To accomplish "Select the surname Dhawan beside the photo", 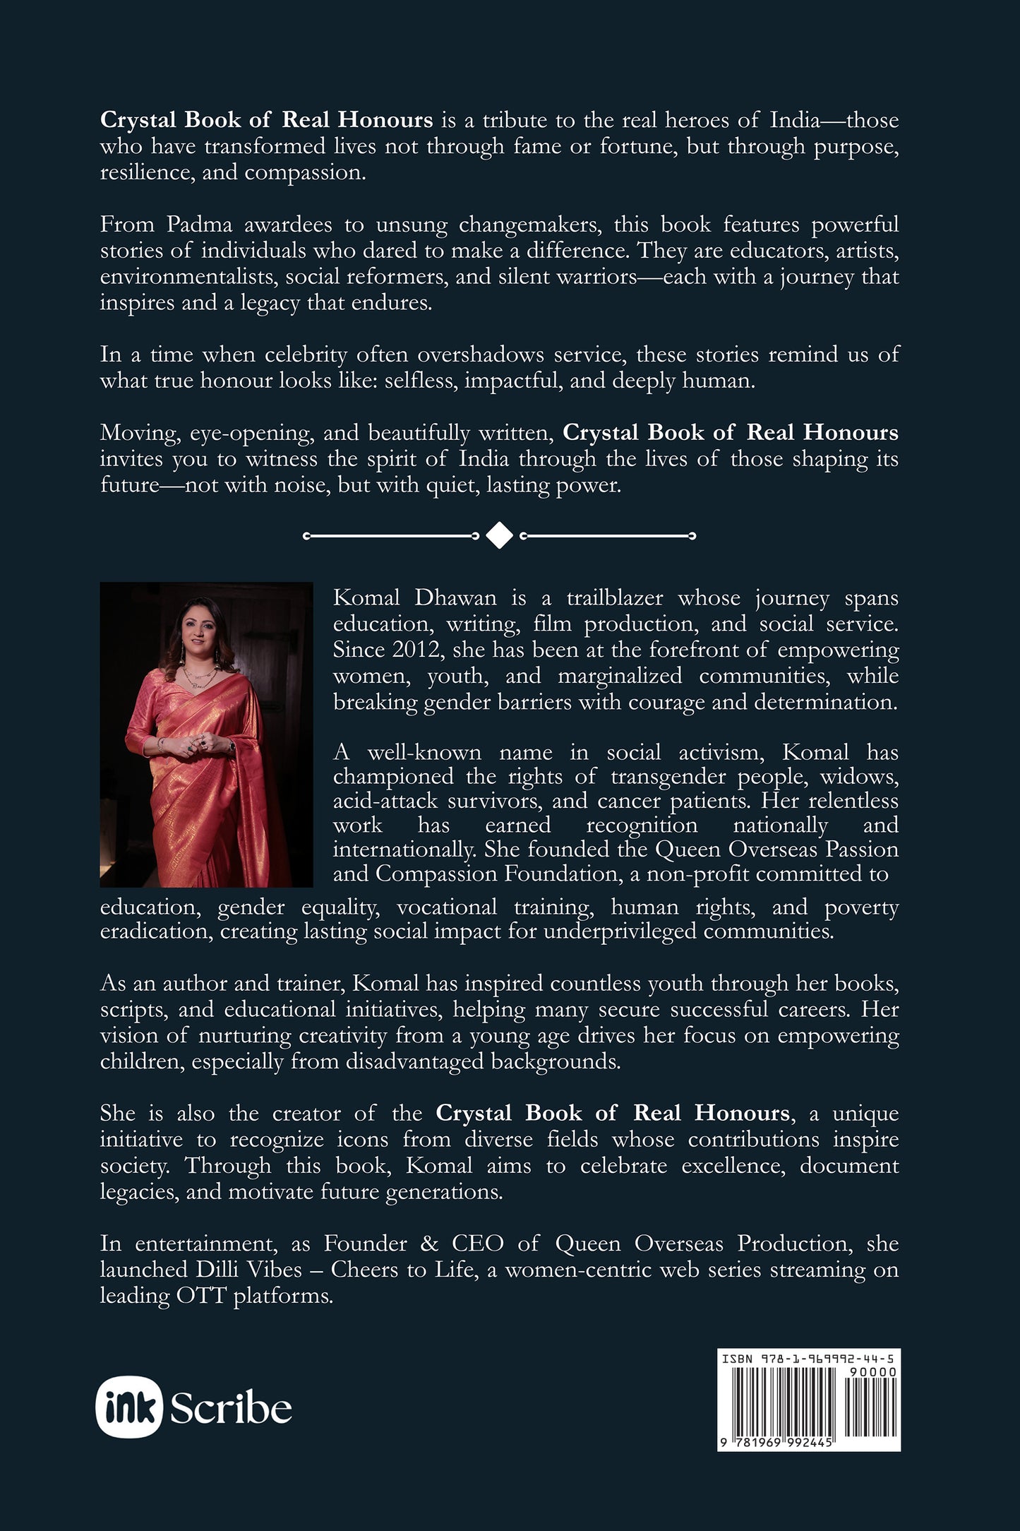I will click(x=458, y=597).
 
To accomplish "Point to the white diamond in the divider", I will click(x=500, y=536).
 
